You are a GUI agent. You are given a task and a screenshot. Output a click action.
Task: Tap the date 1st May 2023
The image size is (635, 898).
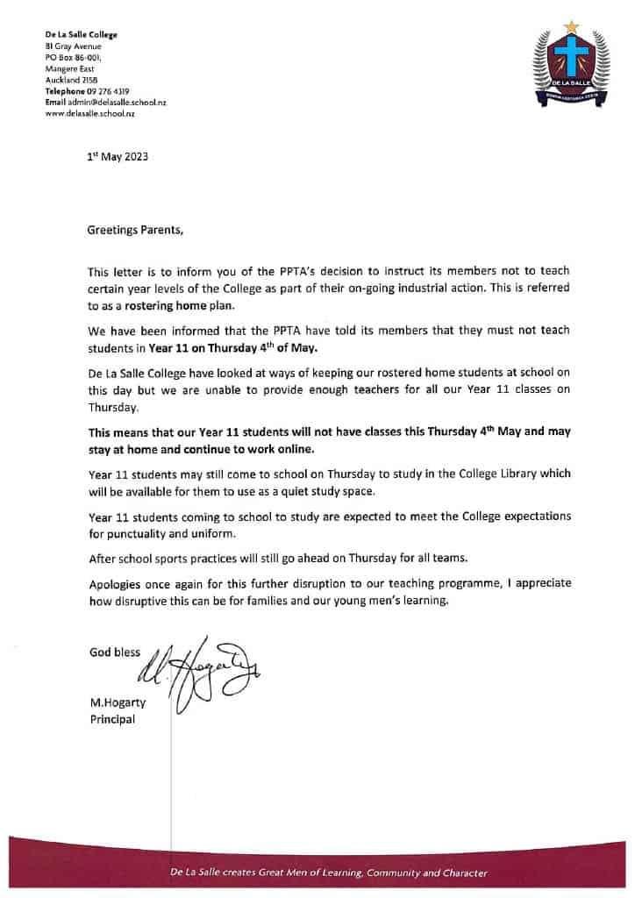[118, 158]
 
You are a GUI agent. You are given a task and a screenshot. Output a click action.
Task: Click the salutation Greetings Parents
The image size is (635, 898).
[136, 231]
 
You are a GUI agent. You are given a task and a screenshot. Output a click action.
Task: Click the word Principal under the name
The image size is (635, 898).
[113, 720]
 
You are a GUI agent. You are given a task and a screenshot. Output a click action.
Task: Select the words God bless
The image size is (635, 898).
[115, 652]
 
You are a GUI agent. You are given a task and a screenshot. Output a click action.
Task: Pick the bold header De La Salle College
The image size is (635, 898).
[81, 35]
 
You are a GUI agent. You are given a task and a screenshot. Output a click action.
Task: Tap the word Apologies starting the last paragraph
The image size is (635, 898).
[116, 585]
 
